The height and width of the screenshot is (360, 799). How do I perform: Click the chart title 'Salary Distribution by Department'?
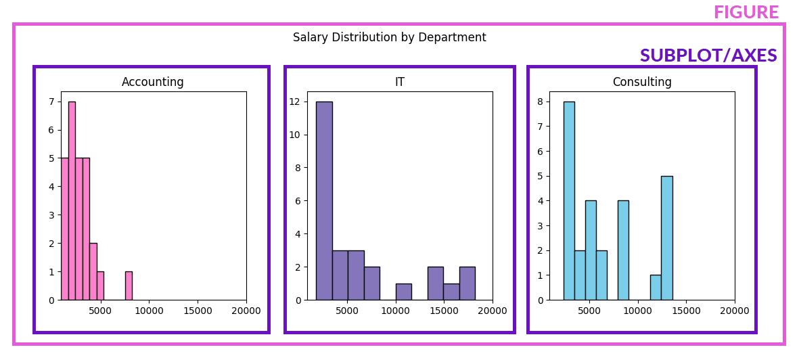tap(389, 38)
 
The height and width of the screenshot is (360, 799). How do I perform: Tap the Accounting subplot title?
tap(152, 82)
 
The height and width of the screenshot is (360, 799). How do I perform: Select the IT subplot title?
tap(399, 82)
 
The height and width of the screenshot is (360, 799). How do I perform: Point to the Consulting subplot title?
tap(641, 82)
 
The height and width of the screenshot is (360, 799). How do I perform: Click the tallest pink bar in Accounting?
tap(72, 203)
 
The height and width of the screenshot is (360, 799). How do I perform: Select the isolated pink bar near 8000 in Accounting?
tap(129, 286)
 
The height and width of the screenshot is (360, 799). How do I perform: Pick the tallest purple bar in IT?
tap(324, 203)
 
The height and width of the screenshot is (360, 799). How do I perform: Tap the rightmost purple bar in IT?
tap(467, 284)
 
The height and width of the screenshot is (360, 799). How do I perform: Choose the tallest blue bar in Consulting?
tap(569, 203)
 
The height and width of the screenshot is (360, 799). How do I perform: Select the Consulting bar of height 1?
tap(656, 288)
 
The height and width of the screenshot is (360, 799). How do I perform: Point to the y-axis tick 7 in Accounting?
tap(51, 102)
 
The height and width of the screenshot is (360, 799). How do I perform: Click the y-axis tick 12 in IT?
tap(295, 102)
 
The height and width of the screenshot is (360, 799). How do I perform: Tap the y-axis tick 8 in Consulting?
tap(539, 102)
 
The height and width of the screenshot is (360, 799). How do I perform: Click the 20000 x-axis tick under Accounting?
tap(246, 311)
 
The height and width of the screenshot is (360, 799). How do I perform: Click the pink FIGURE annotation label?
tap(746, 13)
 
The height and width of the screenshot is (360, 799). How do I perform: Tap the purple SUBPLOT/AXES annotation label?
tap(708, 56)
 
